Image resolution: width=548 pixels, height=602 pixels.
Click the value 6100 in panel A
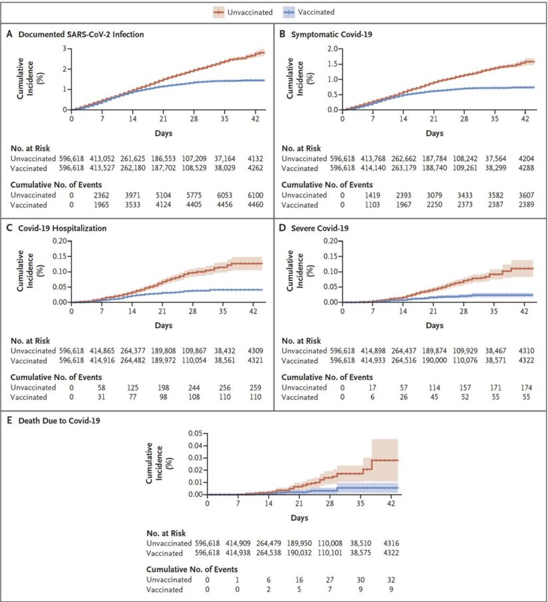click(x=255, y=195)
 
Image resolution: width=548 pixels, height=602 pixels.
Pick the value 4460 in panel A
click(x=255, y=205)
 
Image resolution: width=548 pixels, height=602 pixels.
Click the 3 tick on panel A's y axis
click(x=64, y=49)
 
